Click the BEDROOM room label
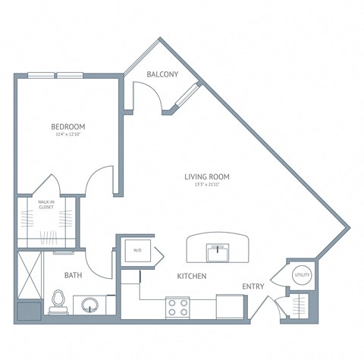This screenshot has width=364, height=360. (x=67, y=126)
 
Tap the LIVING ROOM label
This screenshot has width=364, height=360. (x=206, y=177)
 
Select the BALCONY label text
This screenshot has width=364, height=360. (x=162, y=74)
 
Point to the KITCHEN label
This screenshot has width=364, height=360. (x=193, y=277)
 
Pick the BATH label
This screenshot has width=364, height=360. (x=73, y=275)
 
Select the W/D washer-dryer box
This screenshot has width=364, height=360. (x=138, y=251)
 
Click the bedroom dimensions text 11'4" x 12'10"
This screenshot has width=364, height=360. (x=67, y=135)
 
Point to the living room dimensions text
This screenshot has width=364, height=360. (x=206, y=186)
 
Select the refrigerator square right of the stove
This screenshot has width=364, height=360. (x=228, y=306)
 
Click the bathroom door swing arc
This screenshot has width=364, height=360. (x=96, y=261)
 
